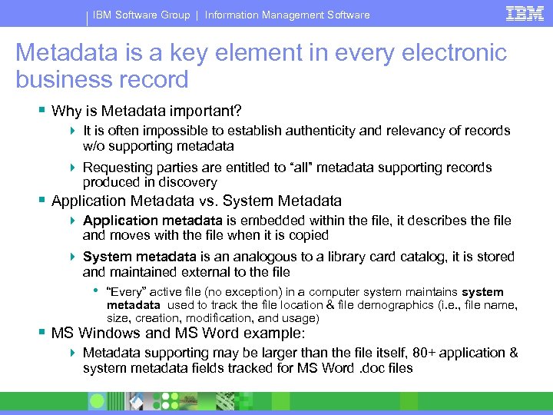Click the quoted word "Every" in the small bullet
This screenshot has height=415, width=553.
126,292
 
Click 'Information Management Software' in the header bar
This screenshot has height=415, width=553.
287,15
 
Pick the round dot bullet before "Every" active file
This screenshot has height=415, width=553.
96,291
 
